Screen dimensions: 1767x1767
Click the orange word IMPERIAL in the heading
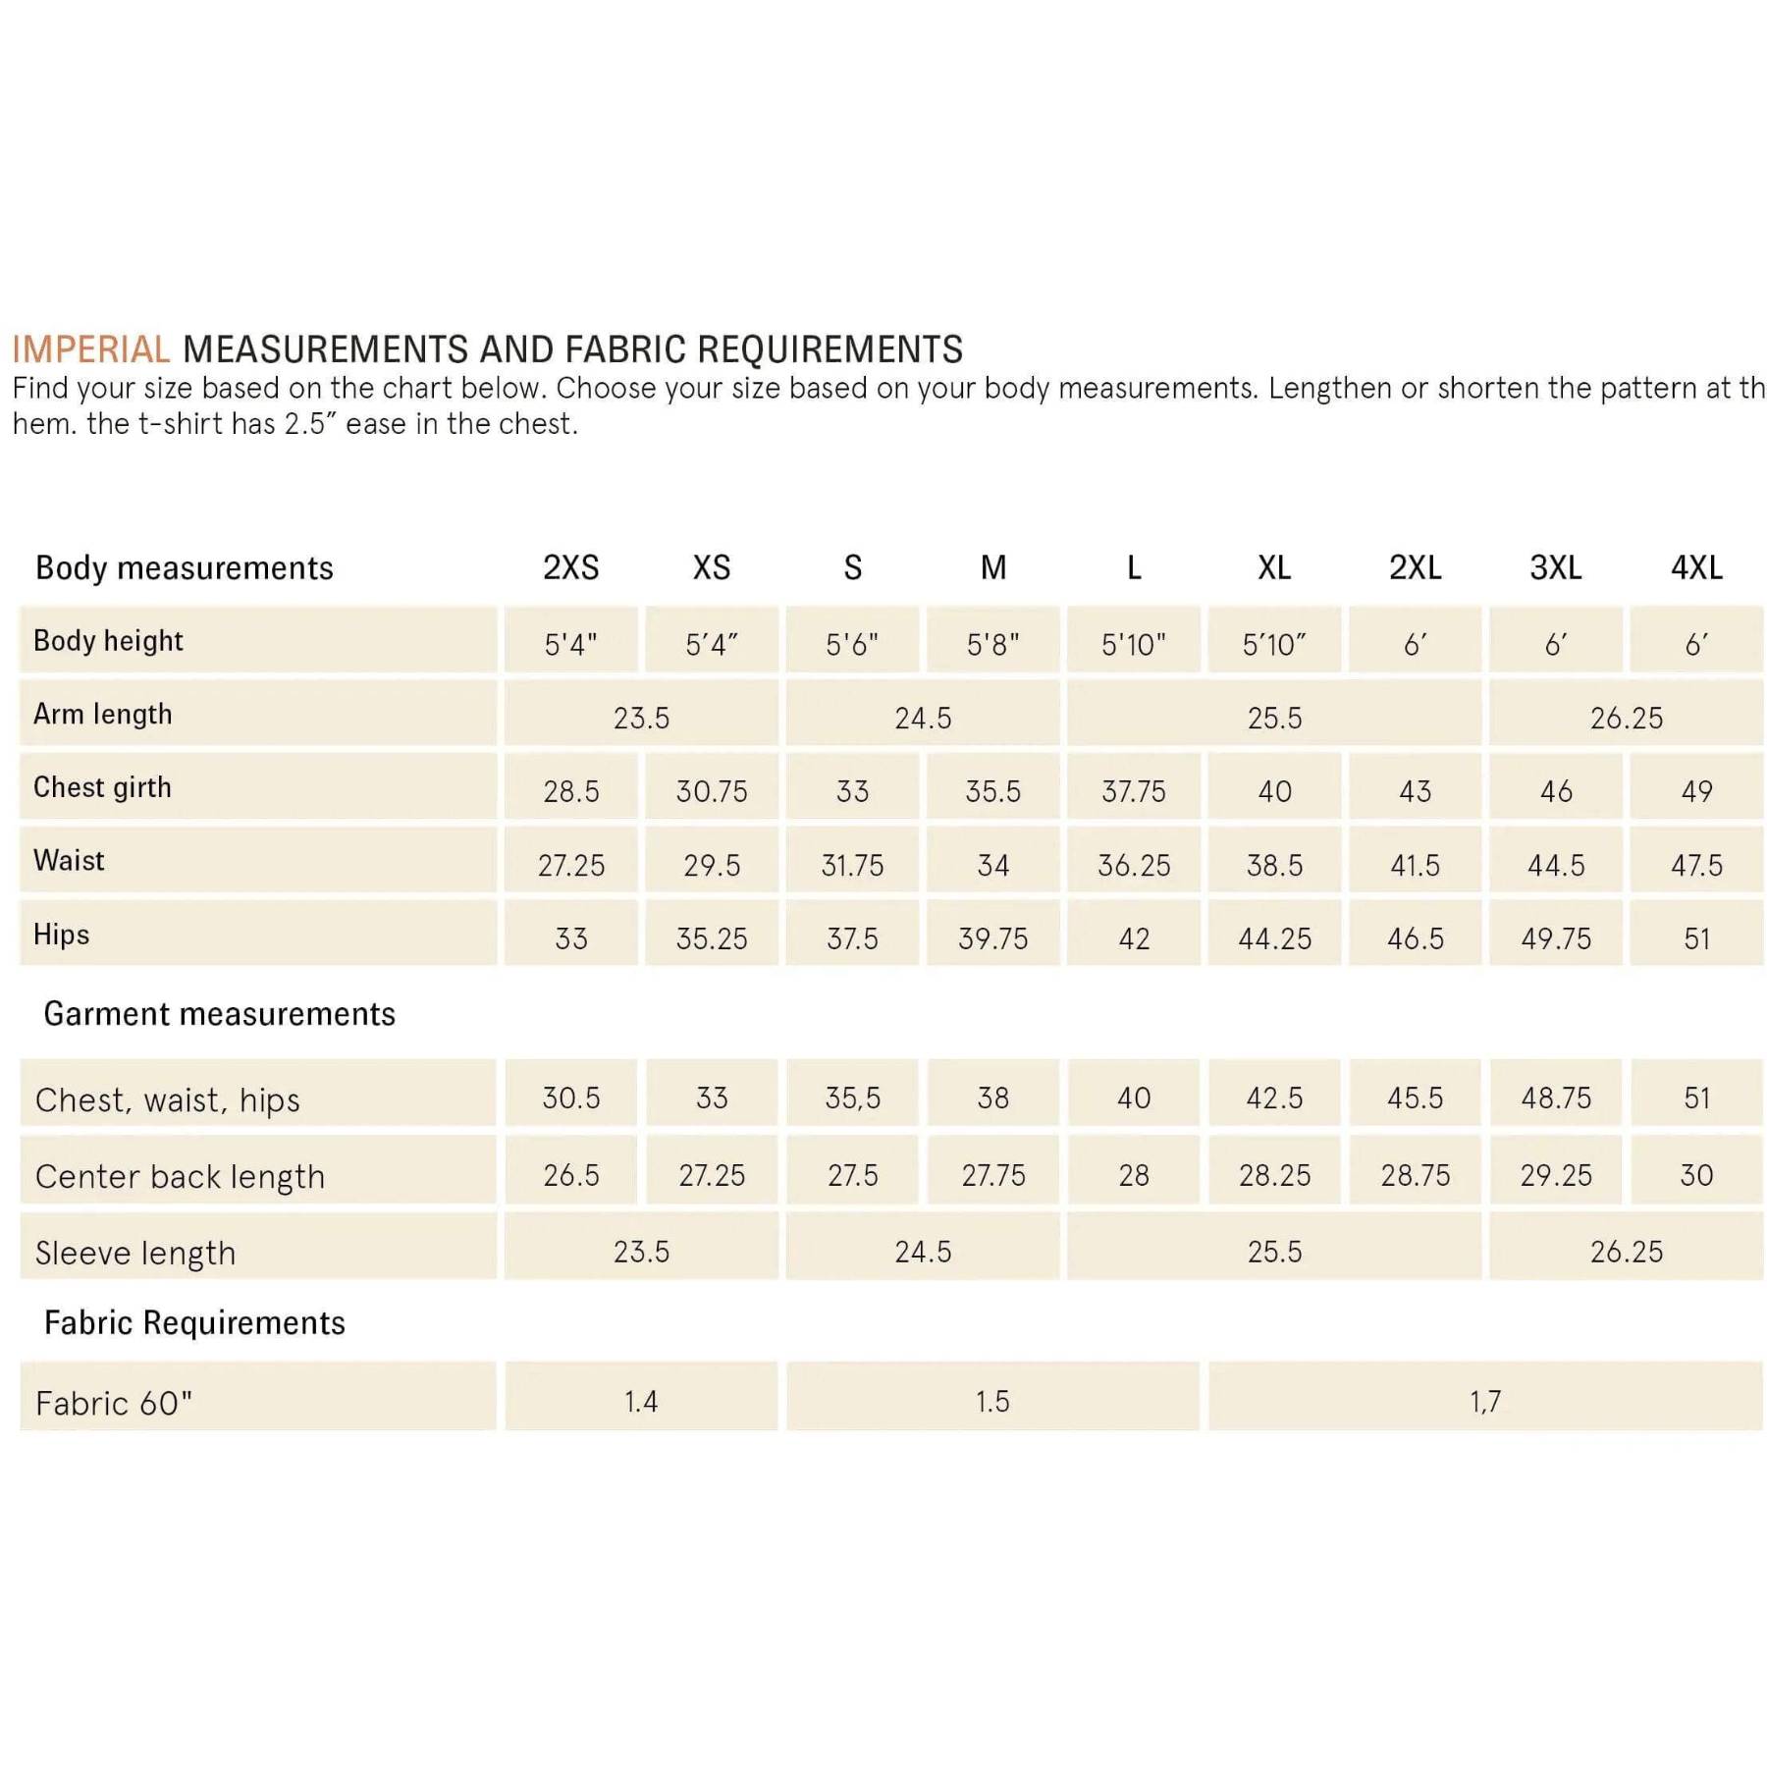tap(91, 349)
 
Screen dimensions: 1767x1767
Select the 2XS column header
tap(570, 567)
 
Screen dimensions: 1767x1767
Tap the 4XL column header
tap(1695, 567)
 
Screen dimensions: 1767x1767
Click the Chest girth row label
tap(102, 787)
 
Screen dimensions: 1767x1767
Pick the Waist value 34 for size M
tap(992, 865)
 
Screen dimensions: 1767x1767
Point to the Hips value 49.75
tap(1555, 938)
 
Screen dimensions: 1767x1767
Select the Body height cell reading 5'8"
tap(992, 644)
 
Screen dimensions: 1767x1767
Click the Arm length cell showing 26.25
tap(1626, 718)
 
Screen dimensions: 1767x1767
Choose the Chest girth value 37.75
tap(1133, 791)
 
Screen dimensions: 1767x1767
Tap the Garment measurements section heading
tap(219, 1013)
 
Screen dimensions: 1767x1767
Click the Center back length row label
tap(180, 1176)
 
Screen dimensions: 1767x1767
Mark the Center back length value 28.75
tap(1415, 1175)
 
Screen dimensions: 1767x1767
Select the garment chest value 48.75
tap(1555, 1098)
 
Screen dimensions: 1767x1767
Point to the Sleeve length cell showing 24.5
tap(923, 1252)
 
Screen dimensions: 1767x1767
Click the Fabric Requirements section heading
tap(194, 1322)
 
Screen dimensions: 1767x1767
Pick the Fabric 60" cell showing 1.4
tap(641, 1401)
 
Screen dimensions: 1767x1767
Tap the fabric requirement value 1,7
tap(1484, 1401)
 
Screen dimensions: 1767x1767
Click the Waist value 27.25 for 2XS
tap(570, 865)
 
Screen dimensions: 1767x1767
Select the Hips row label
tap(61, 935)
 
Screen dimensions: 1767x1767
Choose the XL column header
tap(1274, 567)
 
